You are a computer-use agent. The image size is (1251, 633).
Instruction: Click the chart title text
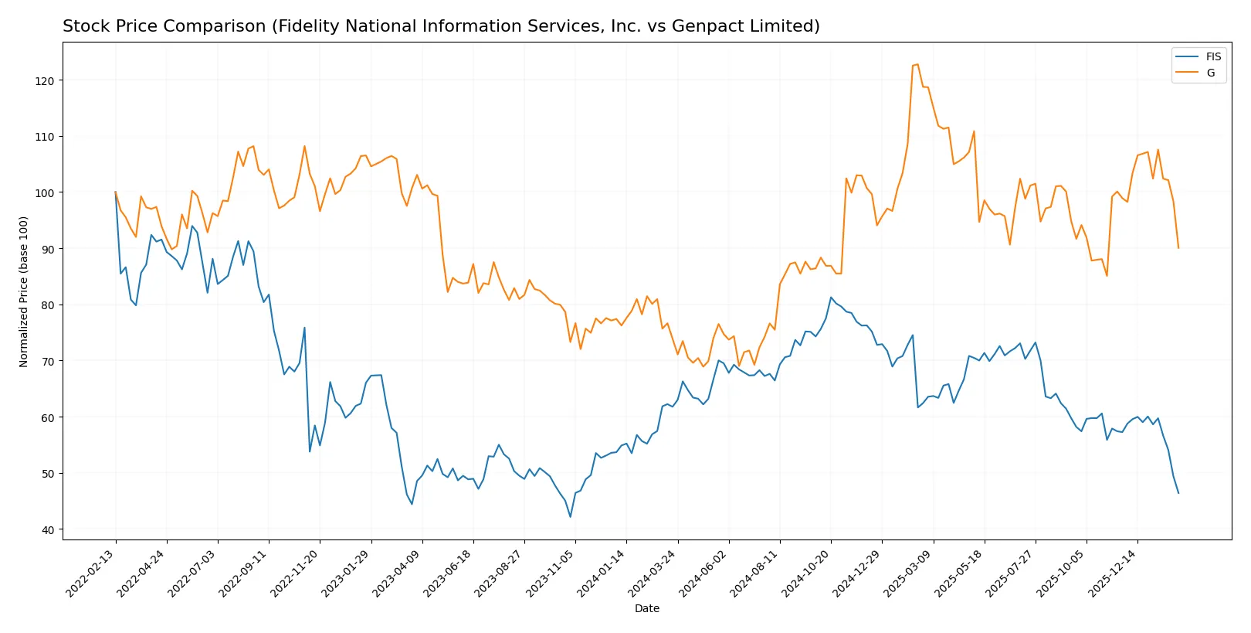[x=441, y=26]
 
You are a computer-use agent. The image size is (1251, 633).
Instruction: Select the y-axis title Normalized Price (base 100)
[x=24, y=291]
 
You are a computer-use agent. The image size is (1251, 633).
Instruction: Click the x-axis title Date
[x=646, y=608]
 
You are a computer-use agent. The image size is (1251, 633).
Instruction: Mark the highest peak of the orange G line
[x=917, y=64]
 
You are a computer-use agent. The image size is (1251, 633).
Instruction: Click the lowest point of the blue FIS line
[x=571, y=516]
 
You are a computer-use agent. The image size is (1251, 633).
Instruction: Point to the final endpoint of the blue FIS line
[x=1178, y=493]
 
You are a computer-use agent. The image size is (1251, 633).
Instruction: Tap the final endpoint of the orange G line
[x=1178, y=247]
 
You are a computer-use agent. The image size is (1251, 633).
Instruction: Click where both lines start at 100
[x=116, y=192]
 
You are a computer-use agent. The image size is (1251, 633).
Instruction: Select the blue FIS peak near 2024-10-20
[x=831, y=298]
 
